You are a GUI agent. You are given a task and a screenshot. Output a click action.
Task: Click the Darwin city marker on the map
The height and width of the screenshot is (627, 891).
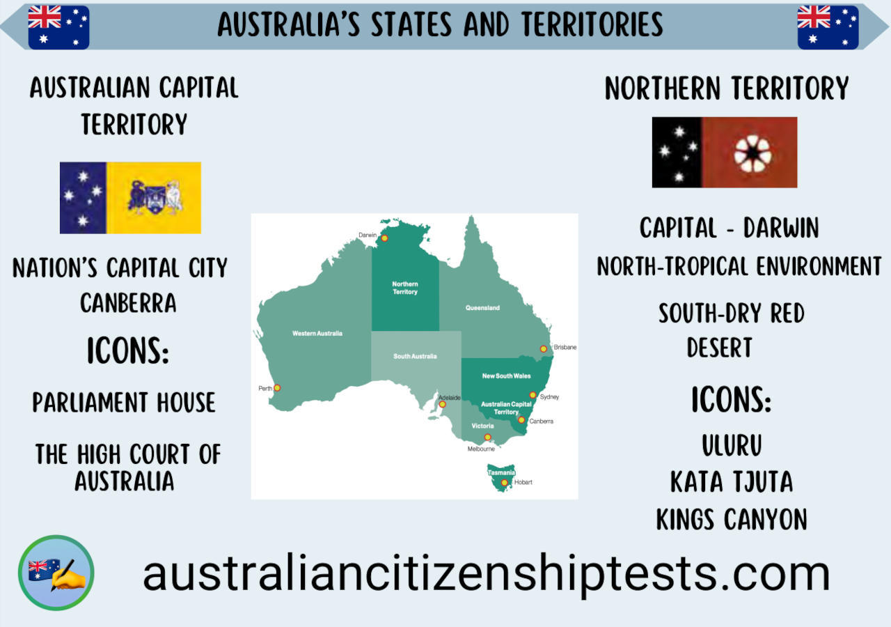384,238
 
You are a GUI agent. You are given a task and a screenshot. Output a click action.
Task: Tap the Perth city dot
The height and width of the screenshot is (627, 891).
277,388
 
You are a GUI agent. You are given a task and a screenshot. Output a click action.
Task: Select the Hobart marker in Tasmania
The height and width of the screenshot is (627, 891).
505,482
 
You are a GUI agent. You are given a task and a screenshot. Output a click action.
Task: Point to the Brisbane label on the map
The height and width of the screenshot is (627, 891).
565,347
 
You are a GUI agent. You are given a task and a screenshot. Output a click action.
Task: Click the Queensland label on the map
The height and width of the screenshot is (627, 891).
482,307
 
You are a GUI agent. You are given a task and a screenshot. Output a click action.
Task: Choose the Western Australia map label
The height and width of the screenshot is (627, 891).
317,334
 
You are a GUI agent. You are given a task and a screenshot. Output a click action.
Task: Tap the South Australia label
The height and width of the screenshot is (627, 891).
415,356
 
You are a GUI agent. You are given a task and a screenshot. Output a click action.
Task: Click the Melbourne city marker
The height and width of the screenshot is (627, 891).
487,438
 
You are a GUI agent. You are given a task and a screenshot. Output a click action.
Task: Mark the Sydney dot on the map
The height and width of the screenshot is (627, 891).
533,395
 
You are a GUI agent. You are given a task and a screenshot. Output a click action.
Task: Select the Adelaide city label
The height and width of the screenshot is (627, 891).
450,398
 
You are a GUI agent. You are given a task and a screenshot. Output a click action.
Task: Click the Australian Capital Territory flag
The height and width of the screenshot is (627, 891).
130,198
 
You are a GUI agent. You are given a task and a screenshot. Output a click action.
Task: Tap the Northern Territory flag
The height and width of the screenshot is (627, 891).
725,152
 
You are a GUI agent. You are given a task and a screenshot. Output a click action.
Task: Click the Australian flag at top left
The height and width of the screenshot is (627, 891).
58,27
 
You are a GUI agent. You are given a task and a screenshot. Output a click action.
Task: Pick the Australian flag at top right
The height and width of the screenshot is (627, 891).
828,27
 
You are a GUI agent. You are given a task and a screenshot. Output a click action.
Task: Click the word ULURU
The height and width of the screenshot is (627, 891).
732,445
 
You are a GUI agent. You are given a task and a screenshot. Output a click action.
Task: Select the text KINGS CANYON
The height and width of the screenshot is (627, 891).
732,519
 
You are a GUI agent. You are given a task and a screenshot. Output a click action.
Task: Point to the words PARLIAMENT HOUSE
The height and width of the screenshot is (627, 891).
124,403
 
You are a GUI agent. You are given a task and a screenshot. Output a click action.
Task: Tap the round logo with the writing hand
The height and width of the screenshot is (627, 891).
56,573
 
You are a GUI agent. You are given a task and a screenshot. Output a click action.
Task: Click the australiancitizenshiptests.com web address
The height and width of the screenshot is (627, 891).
486,573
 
